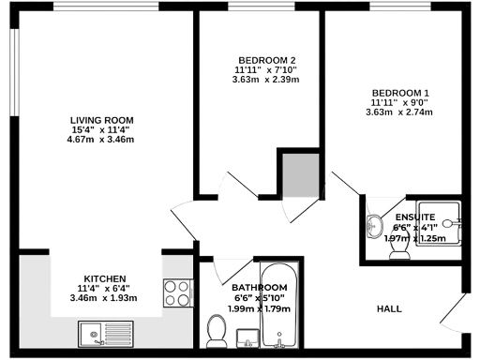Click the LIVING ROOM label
pyautogui.click(x=102, y=120)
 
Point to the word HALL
pyautogui.click(x=390, y=308)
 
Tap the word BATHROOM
pyautogui.click(x=259, y=288)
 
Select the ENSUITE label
pyautogui.click(x=413, y=217)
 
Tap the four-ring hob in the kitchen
pyautogui.click(x=176, y=293)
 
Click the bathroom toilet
pyautogui.click(x=217, y=330)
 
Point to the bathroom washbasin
pyautogui.click(x=247, y=335)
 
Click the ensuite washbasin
pyautogui.click(x=375, y=224)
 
